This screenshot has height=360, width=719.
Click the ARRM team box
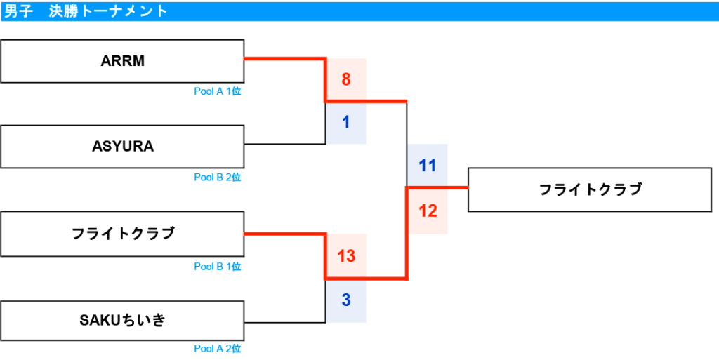tap(122, 61)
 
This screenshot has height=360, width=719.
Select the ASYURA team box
tap(122, 147)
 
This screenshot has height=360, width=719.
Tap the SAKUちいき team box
tap(122, 321)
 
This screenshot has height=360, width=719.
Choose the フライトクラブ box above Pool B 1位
tap(122, 234)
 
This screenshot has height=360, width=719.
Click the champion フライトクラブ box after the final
tap(590, 189)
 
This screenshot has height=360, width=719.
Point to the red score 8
tap(346, 80)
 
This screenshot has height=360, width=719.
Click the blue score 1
tap(346, 123)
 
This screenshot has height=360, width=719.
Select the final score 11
tap(428, 166)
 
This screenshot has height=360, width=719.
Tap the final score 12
tap(428, 211)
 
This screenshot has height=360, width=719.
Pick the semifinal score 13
tap(346, 256)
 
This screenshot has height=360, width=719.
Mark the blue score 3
tap(346, 300)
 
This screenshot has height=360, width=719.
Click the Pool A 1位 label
tap(218, 91)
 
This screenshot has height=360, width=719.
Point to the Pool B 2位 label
tap(218, 178)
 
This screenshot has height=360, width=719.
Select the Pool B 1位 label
tap(218, 266)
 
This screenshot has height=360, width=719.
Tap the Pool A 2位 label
tap(218, 349)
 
